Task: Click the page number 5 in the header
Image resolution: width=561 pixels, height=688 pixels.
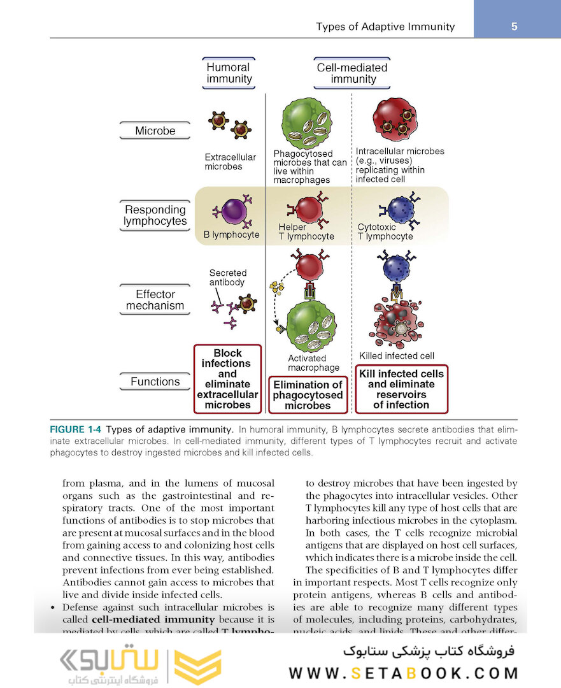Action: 515,26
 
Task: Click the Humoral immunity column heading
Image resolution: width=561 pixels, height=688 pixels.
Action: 229,73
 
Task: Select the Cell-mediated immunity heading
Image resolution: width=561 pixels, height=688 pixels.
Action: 352,73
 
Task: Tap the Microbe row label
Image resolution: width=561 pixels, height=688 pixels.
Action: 155,131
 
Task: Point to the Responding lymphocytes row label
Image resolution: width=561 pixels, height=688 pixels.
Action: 155,215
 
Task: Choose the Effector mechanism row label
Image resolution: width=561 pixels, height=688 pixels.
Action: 155,299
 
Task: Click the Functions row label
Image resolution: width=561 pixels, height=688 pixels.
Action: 155,382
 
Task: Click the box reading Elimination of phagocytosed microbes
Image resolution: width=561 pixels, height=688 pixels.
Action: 308,395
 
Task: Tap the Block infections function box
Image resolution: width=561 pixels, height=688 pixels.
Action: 227,379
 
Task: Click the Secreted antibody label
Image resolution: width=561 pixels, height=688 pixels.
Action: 227,277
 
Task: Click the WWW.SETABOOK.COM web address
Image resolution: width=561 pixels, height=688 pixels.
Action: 403,673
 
